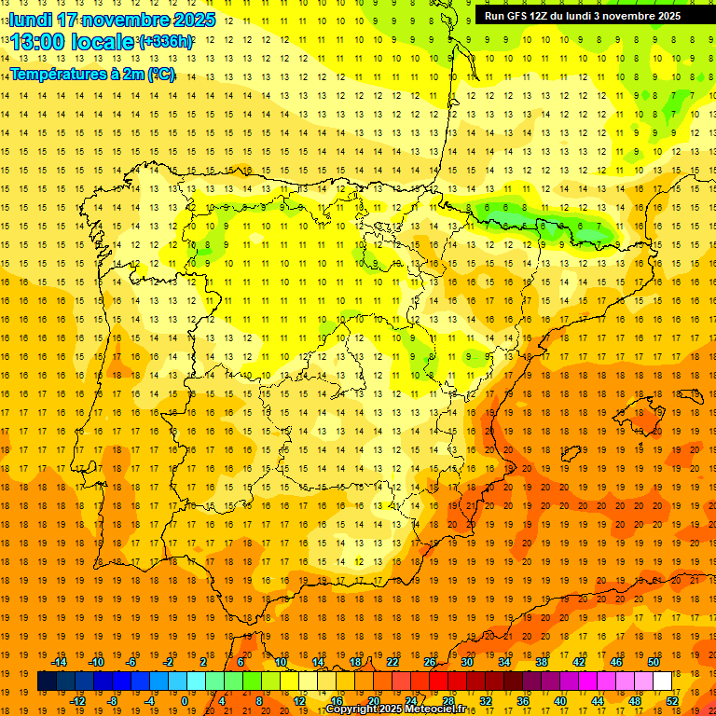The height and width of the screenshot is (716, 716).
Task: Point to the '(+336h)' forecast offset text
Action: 166,42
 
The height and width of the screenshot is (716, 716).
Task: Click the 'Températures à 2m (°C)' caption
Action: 91,75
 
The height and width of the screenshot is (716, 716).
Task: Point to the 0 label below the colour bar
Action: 185,700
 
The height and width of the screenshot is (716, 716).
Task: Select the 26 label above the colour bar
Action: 430,662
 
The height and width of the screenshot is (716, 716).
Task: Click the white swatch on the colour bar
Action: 662,681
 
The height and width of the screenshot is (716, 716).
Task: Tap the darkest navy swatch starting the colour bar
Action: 47,681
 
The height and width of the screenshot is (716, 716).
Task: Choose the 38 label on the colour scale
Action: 542,662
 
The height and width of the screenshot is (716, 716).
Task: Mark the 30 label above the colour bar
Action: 467,662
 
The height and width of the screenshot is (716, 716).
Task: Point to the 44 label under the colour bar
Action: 598,700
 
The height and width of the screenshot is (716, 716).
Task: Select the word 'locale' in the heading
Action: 103,42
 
